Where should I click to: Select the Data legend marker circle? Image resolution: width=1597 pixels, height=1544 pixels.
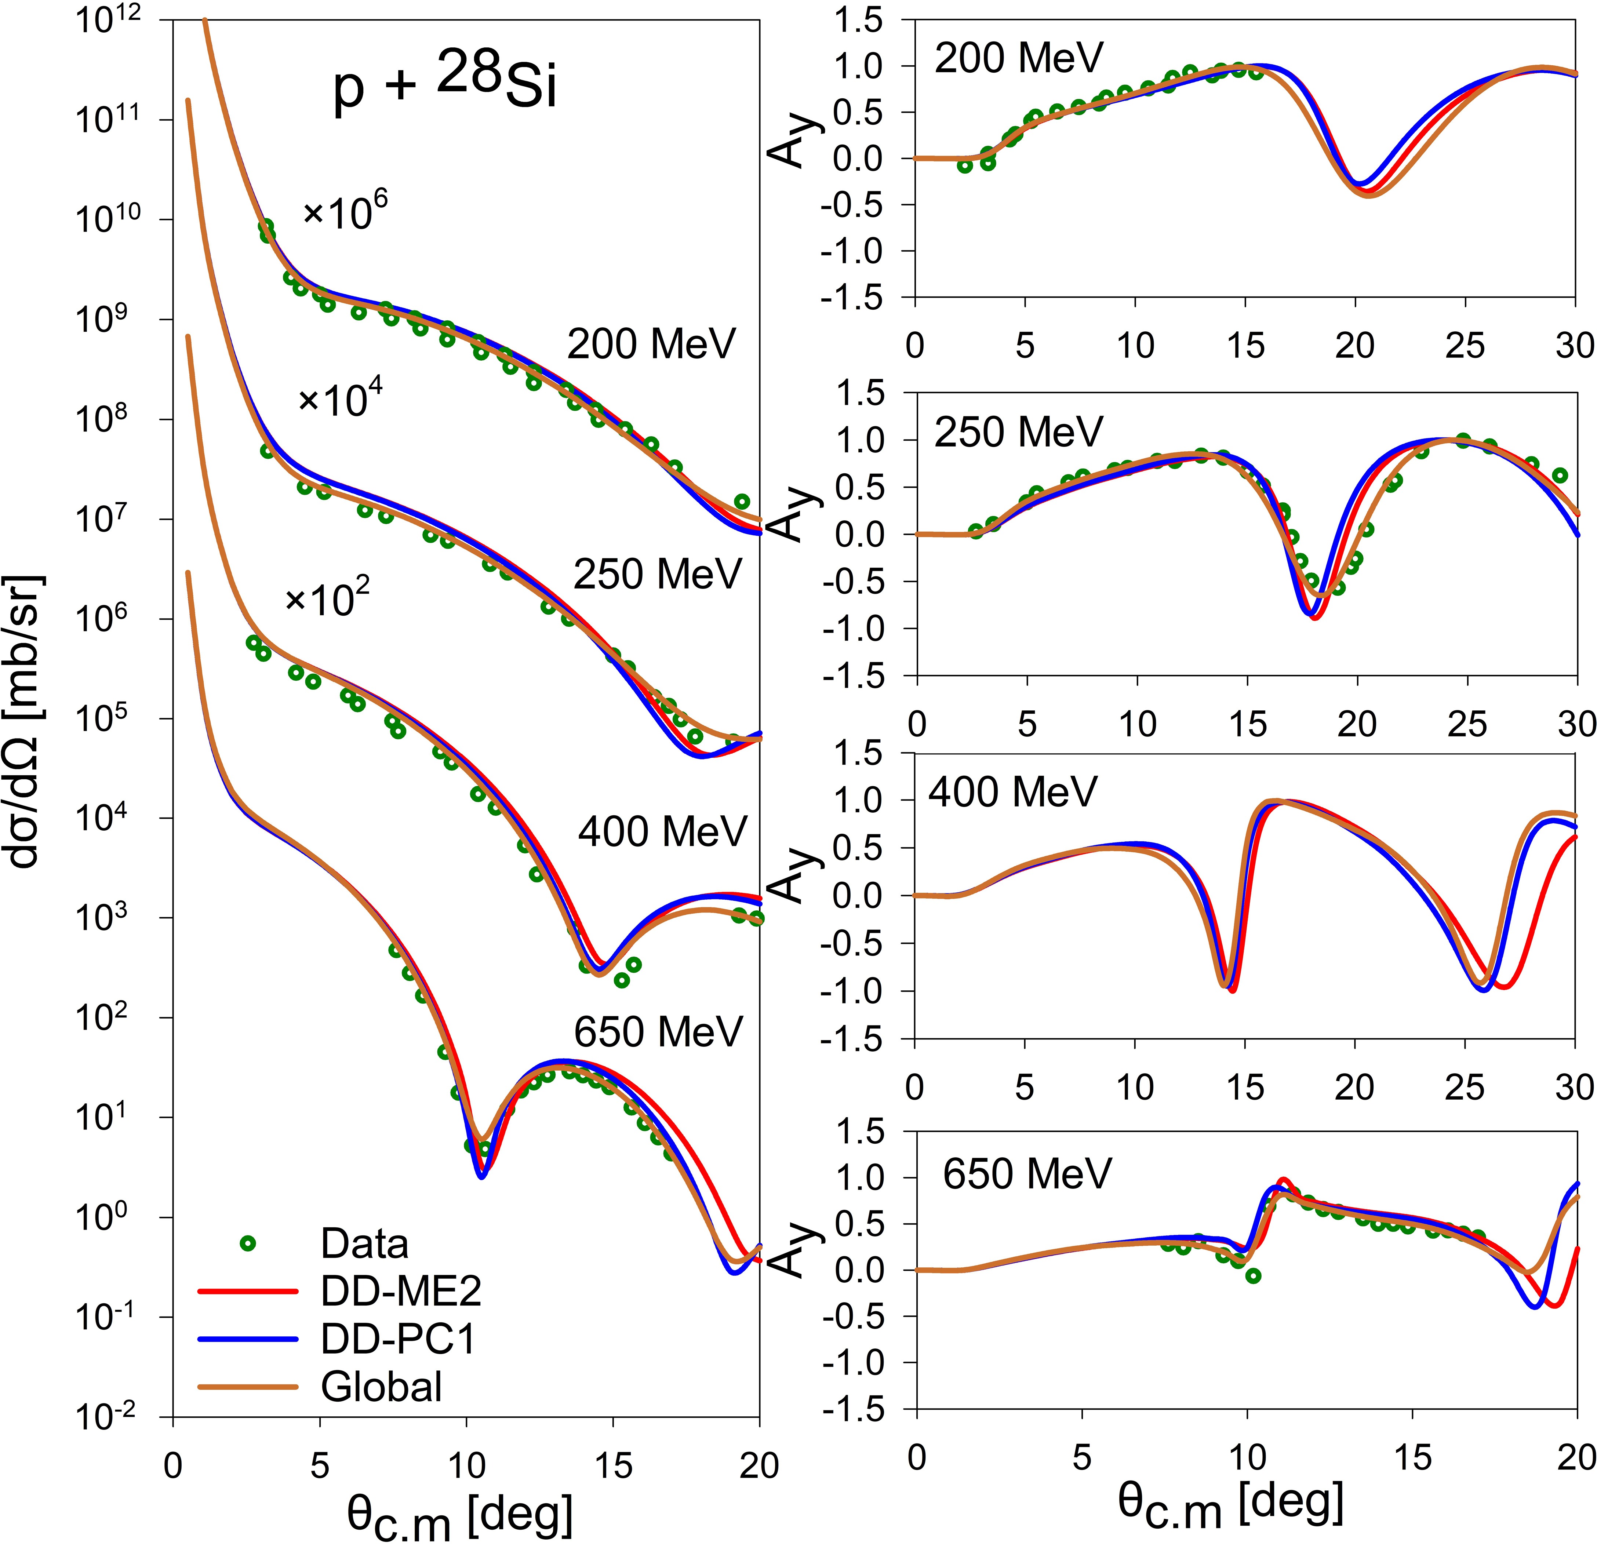coord(248,1243)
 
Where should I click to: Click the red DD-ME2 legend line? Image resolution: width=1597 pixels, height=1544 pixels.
coord(247,1290)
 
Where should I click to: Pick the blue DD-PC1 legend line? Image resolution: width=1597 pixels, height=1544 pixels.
coord(247,1339)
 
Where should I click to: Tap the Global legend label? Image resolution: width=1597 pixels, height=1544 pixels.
coord(381,1387)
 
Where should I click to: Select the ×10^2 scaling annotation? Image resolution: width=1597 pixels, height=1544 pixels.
coord(327,599)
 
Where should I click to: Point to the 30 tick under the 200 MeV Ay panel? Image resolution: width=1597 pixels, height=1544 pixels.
coord(1574,346)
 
